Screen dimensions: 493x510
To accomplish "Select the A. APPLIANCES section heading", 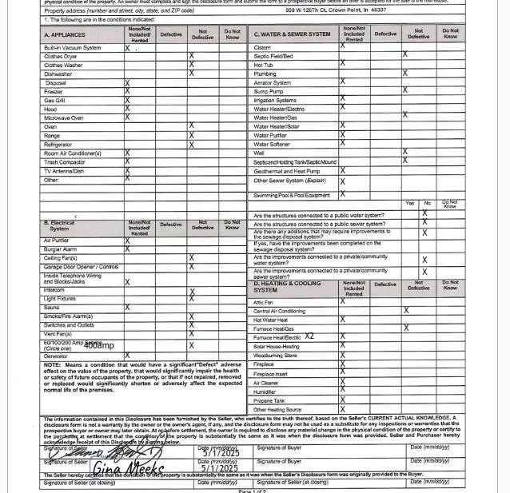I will pyautogui.click(x=65, y=35).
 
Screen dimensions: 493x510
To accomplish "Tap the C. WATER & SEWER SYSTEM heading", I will pyautogui.click(x=292, y=34).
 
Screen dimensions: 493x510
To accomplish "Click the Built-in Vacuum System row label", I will pyautogui.click(x=72, y=48).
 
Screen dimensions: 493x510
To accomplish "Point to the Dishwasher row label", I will pyautogui.click(x=58, y=74).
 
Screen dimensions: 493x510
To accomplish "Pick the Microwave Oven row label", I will pyautogui.click(x=63, y=118).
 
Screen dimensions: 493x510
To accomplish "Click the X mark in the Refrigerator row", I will pyautogui.click(x=191, y=145).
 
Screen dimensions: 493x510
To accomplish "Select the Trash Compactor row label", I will pyautogui.click(x=64, y=162).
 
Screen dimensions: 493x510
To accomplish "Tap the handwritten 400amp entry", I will pyautogui.click(x=98, y=346).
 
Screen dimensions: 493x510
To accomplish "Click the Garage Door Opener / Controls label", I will pyautogui.click(x=81, y=267).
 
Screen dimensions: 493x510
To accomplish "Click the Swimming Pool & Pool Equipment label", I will pyautogui.click(x=291, y=196).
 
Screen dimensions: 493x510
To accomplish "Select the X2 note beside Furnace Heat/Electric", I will pyautogui.click(x=309, y=336).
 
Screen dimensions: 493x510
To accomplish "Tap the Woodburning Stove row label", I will pyautogui.click(x=275, y=356).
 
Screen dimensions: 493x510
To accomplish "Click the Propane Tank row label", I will pyautogui.click(x=269, y=401).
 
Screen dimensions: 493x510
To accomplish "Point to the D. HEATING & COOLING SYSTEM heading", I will pyautogui.click(x=287, y=287).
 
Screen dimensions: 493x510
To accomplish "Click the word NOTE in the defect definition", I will pyautogui.click(x=52, y=365).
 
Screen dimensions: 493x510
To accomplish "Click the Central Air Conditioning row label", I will pyautogui.click(x=279, y=311).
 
